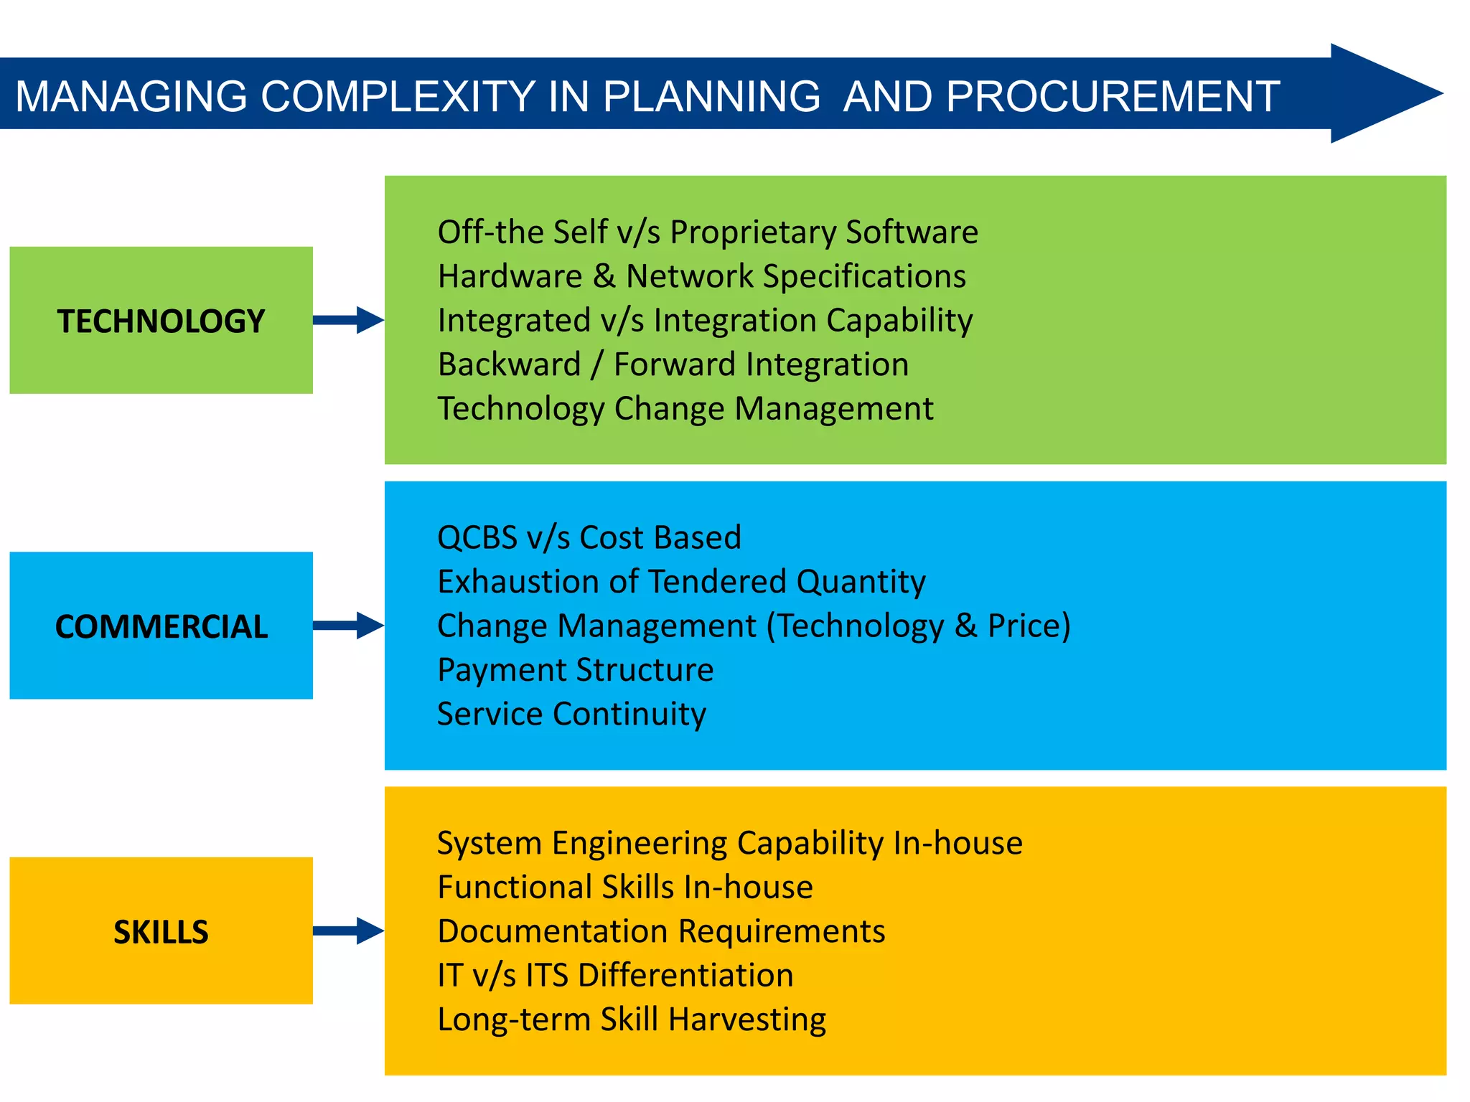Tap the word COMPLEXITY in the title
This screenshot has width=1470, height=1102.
[398, 96]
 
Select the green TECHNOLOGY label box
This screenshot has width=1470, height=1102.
[161, 320]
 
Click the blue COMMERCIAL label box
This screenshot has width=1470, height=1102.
[161, 626]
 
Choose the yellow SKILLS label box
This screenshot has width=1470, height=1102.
[161, 931]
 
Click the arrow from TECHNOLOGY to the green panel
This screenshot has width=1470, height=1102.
[349, 320]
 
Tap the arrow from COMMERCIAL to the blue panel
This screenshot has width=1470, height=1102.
[349, 626]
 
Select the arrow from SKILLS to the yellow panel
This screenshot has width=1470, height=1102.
[349, 931]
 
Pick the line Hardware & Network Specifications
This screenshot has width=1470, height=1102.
[701, 277]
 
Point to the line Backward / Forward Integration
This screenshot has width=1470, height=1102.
[673, 364]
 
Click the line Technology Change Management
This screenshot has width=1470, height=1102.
[685, 409]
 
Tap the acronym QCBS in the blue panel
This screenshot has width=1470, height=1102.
[477, 538]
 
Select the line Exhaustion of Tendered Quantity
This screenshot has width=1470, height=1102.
[681, 582]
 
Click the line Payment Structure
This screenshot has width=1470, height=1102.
[575, 670]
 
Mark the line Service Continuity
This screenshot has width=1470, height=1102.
[571, 715]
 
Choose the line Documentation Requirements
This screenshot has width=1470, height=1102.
[661, 931]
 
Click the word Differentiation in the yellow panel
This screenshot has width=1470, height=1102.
[685, 976]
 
